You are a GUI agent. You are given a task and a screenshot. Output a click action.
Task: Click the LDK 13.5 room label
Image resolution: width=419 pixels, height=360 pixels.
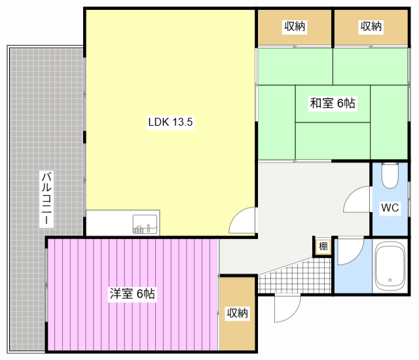(170, 122)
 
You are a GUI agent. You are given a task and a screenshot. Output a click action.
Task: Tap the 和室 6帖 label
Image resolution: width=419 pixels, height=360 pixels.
(333, 103)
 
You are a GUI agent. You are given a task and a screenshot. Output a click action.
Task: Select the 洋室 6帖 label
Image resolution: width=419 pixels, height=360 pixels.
(132, 294)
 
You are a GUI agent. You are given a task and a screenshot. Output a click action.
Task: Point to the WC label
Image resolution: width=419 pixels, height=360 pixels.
(390, 207)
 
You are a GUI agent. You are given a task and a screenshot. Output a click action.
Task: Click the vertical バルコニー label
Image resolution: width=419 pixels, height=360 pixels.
(46, 199)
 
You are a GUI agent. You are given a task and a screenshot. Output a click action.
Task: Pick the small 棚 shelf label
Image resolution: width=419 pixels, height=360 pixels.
(323, 246)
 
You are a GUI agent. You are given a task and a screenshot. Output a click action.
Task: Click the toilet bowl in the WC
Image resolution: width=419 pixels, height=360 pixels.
(390, 177)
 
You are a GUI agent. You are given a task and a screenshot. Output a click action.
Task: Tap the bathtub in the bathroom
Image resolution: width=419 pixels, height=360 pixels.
(390, 267)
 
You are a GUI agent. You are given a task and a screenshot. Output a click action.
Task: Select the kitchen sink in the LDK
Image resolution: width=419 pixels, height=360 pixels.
(145, 224)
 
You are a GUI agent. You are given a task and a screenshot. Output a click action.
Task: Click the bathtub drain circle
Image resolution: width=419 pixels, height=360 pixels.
(390, 280)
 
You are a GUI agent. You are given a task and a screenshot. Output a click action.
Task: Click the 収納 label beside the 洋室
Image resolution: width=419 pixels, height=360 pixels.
(237, 313)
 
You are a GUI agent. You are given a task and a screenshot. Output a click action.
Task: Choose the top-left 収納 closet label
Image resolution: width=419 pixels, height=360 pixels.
(295, 26)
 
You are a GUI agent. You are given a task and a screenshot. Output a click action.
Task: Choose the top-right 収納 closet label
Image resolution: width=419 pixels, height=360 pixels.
(371, 26)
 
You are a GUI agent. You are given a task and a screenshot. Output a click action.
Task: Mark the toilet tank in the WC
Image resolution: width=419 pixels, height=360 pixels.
(390, 164)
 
